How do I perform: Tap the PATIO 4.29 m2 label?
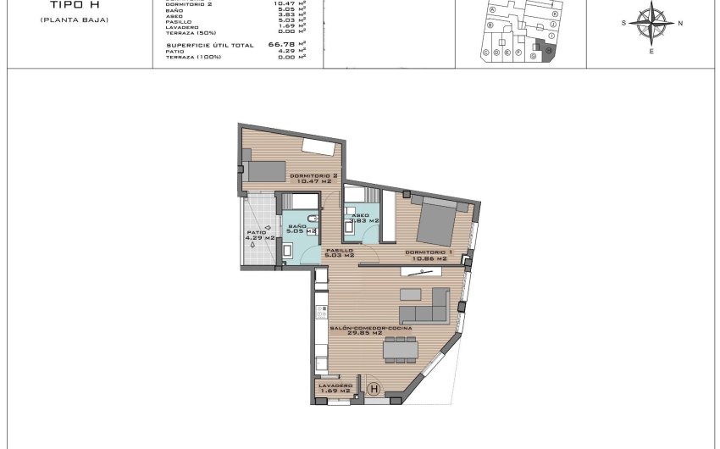tap(259, 236)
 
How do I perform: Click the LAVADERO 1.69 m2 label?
tap(335, 388)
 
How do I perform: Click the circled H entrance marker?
tap(375, 389)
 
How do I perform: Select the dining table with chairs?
tap(401, 348)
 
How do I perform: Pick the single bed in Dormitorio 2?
tap(266, 170)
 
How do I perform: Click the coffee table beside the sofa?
tap(411, 294)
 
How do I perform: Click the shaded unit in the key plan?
tap(548, 52)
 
